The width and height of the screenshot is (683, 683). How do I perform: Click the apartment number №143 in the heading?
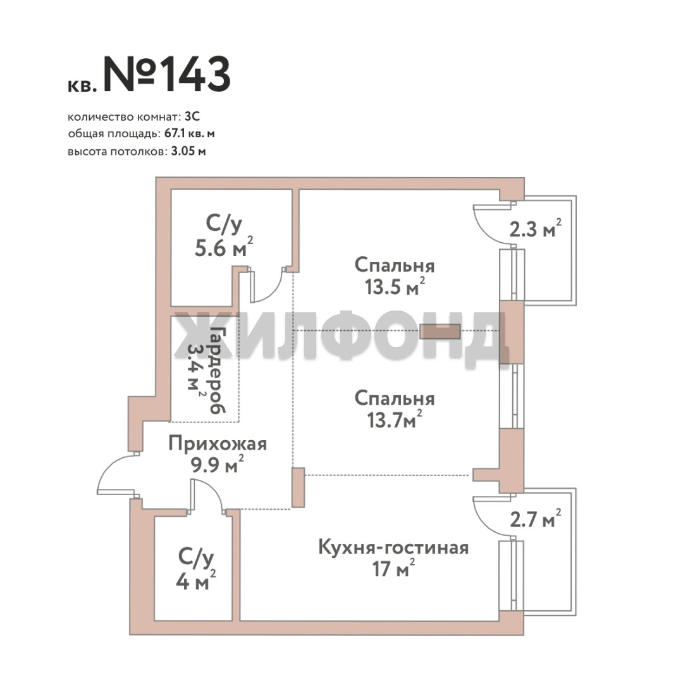166,74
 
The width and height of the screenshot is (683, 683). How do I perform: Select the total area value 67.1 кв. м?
190,133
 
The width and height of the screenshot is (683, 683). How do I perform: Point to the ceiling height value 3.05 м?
188,152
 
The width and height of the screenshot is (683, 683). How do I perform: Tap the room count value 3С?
192,117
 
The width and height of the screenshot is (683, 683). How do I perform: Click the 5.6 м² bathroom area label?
223,249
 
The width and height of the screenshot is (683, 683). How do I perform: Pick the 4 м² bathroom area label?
195,581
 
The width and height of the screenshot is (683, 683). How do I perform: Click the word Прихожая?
218,445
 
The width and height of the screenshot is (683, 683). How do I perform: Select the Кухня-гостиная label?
393,548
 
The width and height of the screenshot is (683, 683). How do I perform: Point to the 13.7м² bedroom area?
395,420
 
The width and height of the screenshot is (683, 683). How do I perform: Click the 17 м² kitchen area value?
393,569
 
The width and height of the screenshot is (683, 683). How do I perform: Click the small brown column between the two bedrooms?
440,331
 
